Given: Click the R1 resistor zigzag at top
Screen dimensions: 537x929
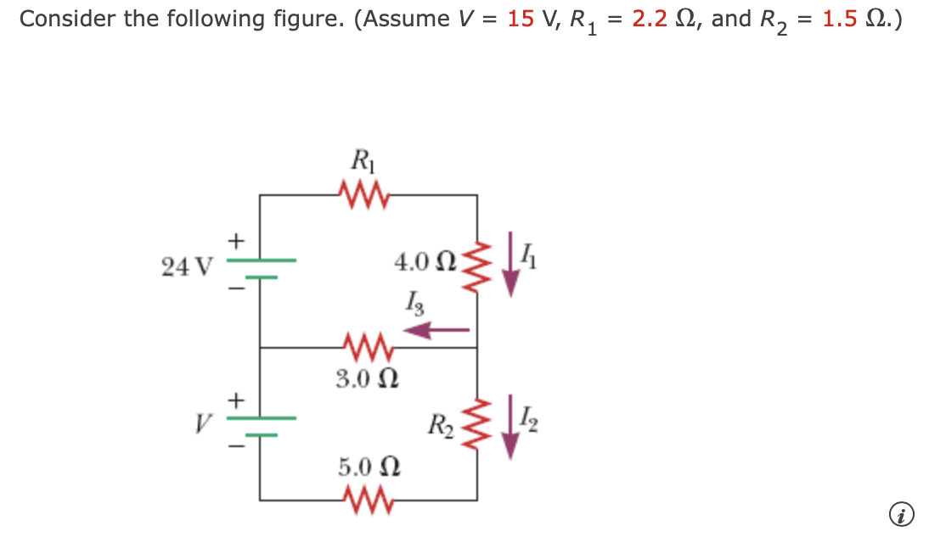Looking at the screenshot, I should [365, 195].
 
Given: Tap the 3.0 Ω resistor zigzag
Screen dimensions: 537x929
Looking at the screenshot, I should [367, 347].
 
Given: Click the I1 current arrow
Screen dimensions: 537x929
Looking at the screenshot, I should [511, 265].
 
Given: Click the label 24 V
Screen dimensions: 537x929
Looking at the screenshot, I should [186, 267].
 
